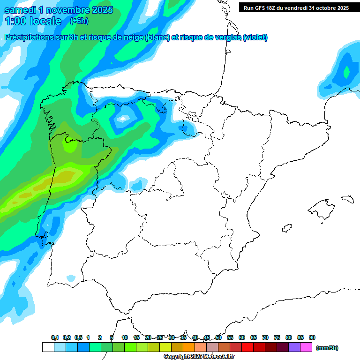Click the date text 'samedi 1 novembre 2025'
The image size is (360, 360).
59,10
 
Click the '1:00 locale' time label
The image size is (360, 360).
33,21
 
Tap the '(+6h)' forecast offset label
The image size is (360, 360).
79,21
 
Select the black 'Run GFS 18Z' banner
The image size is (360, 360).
296,7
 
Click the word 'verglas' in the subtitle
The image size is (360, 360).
224,37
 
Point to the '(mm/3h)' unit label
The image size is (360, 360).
327,348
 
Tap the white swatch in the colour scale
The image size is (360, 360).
48,347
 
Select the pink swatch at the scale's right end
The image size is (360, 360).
306,347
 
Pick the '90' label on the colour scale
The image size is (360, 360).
312,337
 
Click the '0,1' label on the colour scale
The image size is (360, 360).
55,337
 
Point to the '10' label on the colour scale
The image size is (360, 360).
125,337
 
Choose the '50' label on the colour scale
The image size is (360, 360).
218,337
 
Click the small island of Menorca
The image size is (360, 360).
347,199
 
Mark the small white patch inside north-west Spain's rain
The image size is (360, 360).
123,119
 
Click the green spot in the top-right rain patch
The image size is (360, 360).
346,72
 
